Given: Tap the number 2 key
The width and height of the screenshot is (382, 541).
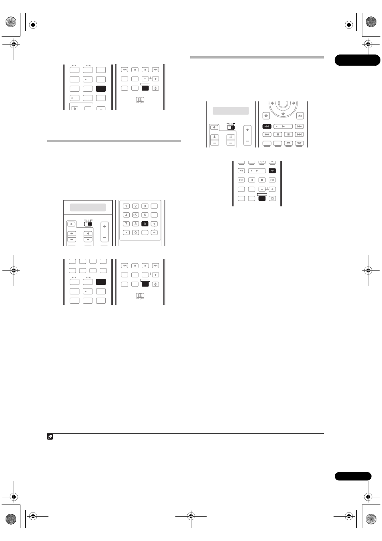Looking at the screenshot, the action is point(135,206).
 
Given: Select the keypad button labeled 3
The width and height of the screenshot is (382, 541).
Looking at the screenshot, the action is point(145,206).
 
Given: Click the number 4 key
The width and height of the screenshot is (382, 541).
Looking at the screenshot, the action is point(126,215).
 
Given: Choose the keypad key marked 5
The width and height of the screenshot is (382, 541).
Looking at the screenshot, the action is point(135,215).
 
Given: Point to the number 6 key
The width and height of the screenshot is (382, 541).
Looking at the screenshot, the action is point(145,215).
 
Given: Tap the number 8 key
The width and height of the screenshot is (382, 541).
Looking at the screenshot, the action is point(135,224).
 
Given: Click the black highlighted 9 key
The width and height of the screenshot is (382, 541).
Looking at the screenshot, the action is point(145,224).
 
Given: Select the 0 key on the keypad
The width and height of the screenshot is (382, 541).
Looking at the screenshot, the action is point(135,232).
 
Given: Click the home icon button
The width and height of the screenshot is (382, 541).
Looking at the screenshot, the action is point(266,116).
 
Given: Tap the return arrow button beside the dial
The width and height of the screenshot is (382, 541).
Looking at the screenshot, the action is point(300,116).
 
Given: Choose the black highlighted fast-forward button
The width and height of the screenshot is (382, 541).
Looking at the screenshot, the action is point(272,171).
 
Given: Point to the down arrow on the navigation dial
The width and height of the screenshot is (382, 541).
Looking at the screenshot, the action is point(283,114).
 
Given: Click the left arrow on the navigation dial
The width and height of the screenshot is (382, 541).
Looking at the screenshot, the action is point(272,103).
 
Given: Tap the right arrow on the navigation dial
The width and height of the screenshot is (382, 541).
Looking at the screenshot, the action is point(294,103).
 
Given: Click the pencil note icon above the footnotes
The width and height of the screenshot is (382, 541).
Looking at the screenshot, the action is point(50,437).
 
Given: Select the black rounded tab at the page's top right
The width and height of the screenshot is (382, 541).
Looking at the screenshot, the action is point(358,60).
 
